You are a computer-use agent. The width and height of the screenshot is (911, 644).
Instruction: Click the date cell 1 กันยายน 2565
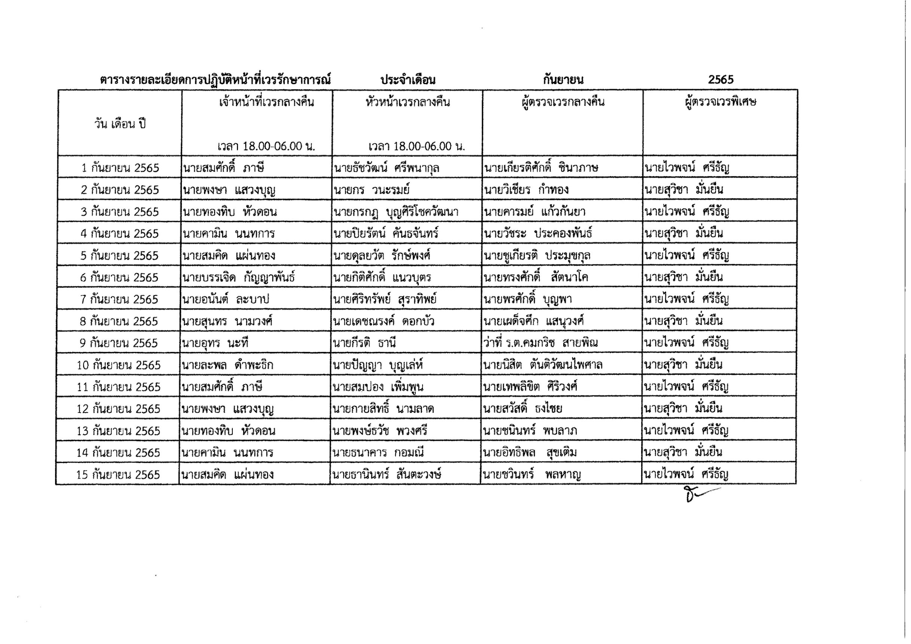point(120,168)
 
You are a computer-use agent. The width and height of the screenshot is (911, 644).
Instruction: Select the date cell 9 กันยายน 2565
point(119,343)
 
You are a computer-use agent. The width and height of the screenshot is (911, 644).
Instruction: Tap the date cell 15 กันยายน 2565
point(118,475)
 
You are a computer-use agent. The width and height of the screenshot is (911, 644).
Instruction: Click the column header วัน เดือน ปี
point(120,124)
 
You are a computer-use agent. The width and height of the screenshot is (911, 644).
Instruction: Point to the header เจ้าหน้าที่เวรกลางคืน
point(266,102)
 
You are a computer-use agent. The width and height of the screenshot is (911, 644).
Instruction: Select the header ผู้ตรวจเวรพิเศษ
point(720,102)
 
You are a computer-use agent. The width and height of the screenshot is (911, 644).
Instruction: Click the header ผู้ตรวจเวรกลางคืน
point(563,102)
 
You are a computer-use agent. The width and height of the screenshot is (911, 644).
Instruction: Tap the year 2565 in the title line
point(720,80)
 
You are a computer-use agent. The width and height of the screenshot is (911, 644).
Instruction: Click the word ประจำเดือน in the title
point(408,80)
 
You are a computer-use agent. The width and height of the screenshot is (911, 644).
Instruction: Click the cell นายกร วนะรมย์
point(371,190)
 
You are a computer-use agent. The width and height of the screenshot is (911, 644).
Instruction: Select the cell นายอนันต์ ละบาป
point(225,300)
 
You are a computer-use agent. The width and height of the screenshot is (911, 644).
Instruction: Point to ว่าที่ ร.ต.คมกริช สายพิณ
point(540,343)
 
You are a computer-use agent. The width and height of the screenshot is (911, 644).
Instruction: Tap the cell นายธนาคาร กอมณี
point(378,453)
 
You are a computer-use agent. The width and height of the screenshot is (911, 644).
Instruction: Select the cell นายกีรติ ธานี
point(364,343)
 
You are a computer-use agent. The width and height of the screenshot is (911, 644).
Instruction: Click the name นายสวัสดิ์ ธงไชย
point(522,409)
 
